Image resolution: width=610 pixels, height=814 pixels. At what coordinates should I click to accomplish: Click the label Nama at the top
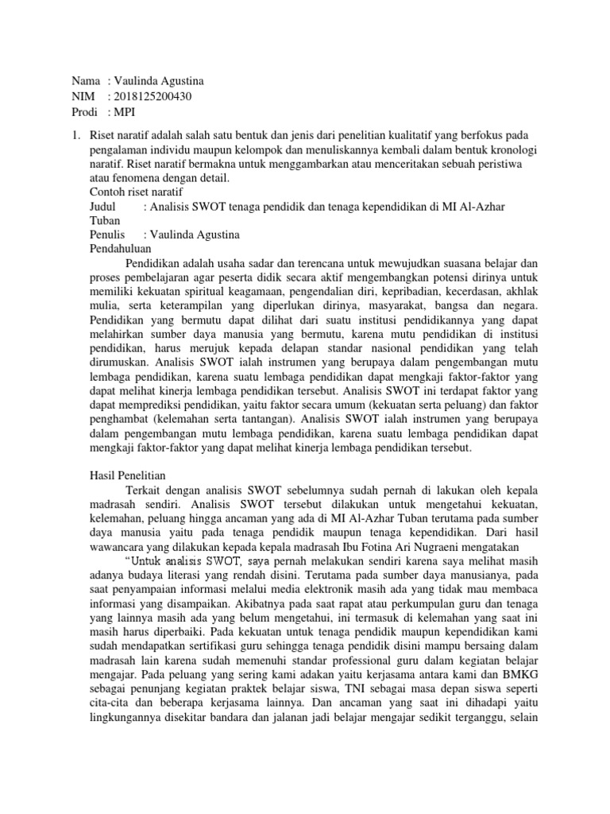click(x=85, y=81)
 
